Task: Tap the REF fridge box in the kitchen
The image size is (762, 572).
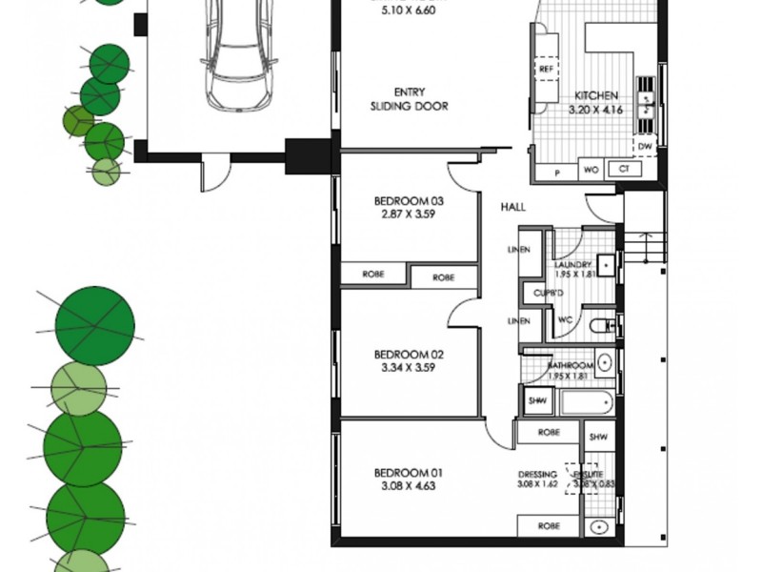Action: click(x=547, y=71)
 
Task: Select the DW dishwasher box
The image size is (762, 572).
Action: click(x=646, y=147)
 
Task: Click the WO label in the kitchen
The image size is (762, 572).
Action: click(x=591, y=170)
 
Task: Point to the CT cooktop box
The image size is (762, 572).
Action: click(x=624, y=170)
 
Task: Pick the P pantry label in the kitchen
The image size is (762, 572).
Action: click(x=557, y=171)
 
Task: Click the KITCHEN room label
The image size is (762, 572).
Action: click(x=596, y=96)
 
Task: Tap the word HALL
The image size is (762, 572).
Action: click(x=513, y=207)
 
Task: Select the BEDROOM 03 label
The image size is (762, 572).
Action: click(x=409, y=201)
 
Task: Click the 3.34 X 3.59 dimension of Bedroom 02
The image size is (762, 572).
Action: click(x=409, y=367)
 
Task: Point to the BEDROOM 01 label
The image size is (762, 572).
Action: click(x=409, y=473)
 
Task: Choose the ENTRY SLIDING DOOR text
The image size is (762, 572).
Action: click(x=409, y=100)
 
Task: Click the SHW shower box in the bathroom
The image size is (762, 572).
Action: click(x=536, y=401)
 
